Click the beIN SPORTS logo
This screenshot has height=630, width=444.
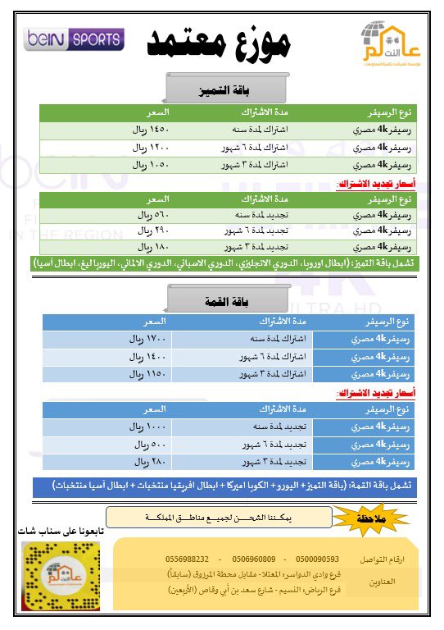[x=75, y=39]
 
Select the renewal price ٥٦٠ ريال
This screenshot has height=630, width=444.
[x=154, y=215]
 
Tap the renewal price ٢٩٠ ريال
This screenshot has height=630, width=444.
[x=154, y=231]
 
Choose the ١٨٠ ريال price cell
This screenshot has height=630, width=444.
[x=154, y=247]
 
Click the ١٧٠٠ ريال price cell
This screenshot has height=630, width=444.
[x=147, y=339]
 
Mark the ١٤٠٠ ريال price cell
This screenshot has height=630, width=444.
[x=147, y=356]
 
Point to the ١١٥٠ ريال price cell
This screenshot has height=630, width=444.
[x=147, y=373]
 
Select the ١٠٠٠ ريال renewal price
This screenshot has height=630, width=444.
[x=147, y=426]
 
